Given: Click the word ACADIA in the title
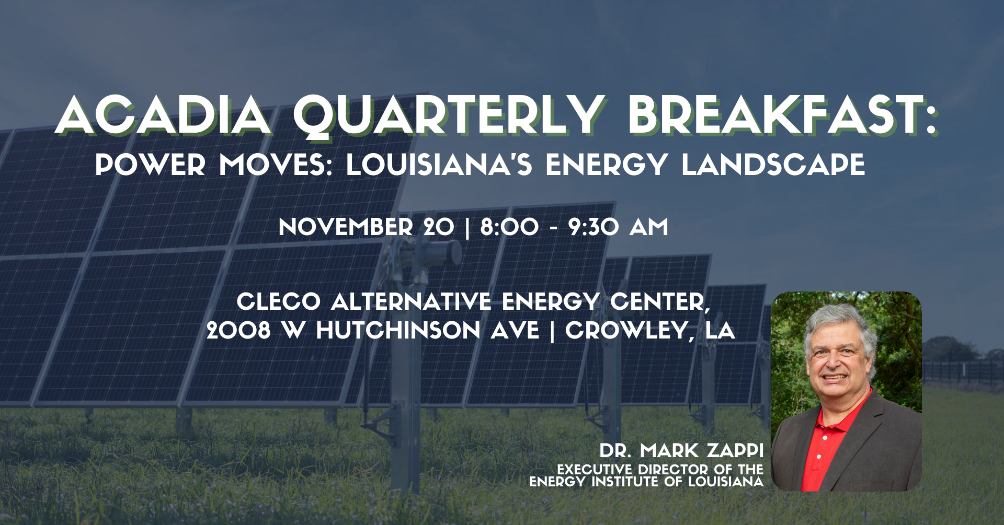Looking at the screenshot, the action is click(164, 115).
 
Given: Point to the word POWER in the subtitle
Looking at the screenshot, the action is click(151, 165).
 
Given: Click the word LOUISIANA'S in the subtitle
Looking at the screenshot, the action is click(439, 165).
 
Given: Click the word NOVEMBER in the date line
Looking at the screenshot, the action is click(346, 227).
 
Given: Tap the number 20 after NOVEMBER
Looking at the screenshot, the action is click(439, 227).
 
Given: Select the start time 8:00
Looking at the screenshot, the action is click(509, 227).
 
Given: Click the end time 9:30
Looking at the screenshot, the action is click(594, 227).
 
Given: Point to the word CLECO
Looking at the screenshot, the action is click(279, 302).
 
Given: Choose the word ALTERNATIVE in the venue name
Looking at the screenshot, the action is click(411, 302).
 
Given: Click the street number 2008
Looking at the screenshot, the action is click(238, 331).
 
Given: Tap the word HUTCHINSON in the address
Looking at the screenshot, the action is click(398, 331).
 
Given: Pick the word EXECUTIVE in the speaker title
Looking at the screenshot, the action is click(595, 470).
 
